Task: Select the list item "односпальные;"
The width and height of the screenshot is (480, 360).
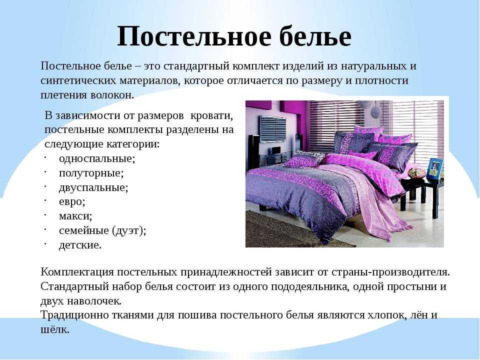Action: coord(97,158)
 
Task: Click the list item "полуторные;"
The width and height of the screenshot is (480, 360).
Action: coord(91,173)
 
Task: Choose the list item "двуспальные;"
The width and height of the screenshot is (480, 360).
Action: coord(93,187)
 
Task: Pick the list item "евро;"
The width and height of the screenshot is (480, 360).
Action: coord(72,201)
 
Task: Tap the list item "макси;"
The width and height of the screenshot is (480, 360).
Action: coord(75,216)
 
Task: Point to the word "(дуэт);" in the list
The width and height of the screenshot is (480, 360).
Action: coord(129,230)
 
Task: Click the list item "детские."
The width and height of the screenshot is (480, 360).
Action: coord(80,245)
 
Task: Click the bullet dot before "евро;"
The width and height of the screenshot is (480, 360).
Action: coord(44,200)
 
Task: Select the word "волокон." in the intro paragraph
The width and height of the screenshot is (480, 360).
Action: coord(112,95)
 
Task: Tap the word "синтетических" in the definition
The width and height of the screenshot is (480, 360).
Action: coord(78,80)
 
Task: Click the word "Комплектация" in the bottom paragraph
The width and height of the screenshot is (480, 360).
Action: coord(77,272)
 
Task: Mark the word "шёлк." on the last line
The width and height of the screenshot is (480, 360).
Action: coord(55,329)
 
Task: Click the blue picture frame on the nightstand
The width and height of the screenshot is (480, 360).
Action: coord(434,168)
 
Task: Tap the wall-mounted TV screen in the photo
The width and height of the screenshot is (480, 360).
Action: coord(273,129)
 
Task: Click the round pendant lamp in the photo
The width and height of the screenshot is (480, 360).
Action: coord(375,112)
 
